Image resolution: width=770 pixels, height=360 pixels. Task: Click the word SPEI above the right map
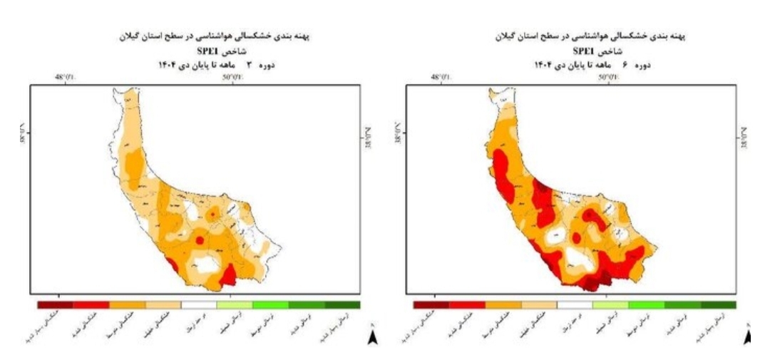pos(585,51)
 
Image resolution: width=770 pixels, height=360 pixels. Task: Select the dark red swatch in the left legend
pos(55,304)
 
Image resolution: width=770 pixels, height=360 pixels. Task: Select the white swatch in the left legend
pos(199,304)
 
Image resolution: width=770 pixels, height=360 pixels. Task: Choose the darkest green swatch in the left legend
pos(342,304)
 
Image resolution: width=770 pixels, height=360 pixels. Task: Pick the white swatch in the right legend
pos(575,304)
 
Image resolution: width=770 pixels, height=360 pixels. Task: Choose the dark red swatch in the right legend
pos(431,304)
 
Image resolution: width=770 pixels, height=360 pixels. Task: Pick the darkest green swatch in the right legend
pos(718,304)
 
